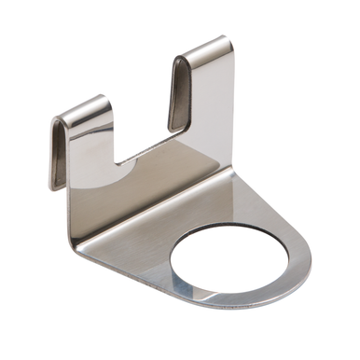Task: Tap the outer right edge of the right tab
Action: [x=230, y=103]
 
